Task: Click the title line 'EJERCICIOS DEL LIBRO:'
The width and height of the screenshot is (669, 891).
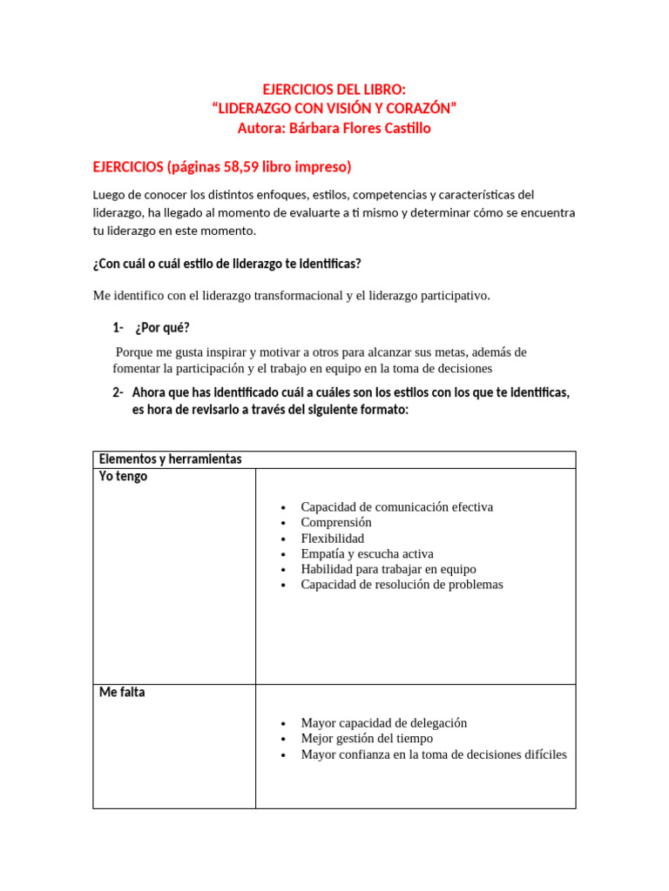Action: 334,90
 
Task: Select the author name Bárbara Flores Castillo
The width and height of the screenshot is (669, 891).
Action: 359,128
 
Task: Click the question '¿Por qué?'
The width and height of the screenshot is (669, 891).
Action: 162,327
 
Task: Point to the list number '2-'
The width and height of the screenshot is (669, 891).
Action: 118,392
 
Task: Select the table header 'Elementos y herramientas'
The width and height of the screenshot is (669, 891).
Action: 170,459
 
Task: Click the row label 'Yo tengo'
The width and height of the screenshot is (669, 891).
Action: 123,476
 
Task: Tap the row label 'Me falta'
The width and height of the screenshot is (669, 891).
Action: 122,693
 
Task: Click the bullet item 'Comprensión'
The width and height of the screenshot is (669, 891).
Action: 335,522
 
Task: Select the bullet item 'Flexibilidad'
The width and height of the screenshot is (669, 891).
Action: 332,538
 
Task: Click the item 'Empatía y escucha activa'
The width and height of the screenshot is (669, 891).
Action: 367,553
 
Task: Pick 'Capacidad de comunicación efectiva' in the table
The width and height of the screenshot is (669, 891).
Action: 396,506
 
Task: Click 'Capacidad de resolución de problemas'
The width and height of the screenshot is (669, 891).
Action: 402,585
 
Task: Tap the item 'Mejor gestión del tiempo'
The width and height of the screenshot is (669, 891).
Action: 367,738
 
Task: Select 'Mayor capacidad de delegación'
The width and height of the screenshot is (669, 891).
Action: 383,722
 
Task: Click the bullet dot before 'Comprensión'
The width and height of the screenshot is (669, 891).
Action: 284,523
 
